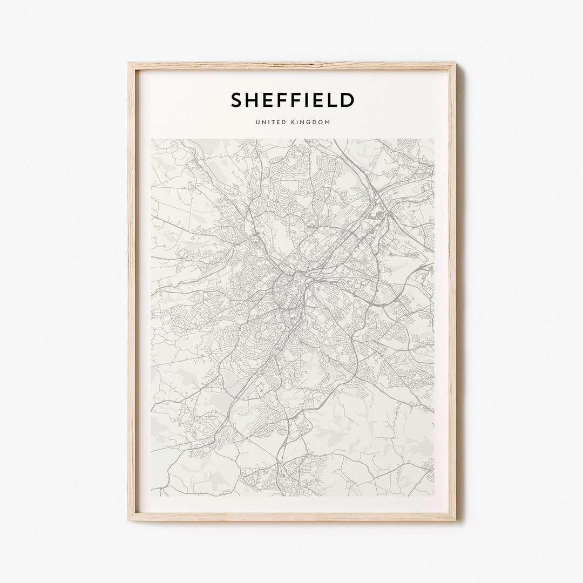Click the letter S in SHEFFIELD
237,100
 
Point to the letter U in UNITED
258,123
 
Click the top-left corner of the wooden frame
129,63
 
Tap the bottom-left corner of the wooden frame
129,520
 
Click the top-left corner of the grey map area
152,139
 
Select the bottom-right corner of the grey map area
433,496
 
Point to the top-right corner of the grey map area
433,139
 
